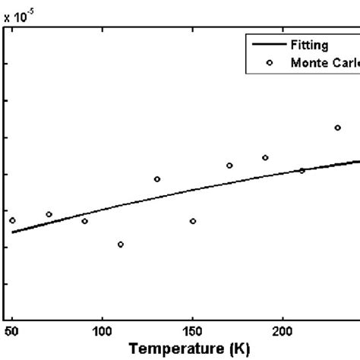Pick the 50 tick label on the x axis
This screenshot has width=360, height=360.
click(x=11, y=331)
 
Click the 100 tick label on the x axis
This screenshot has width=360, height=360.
click(x=102, y=331)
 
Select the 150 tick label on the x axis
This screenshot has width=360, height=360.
click(x=192, y=331)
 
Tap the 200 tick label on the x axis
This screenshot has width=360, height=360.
click(x=283, y=331)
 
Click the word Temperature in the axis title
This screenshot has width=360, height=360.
click(x=170, y=349)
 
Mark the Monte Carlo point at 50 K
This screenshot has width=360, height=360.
click(x=12, y=220)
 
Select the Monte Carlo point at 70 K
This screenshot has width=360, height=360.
click(x=49, y=214)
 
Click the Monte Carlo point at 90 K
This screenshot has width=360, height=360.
click(x=84, y=221)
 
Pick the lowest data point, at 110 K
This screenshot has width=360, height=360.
click(x=121, y=245)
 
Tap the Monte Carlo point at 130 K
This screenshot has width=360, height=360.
click(x=157, y=179)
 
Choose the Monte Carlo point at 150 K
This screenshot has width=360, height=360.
click(x=193, y=221)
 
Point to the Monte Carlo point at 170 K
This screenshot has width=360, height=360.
click(x=229, y=166)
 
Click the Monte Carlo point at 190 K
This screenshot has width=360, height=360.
click(x=265, y=158)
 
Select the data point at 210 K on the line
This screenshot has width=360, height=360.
click(x=302, y=171)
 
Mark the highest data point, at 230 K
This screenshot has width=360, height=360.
click(x=338, y=128)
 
